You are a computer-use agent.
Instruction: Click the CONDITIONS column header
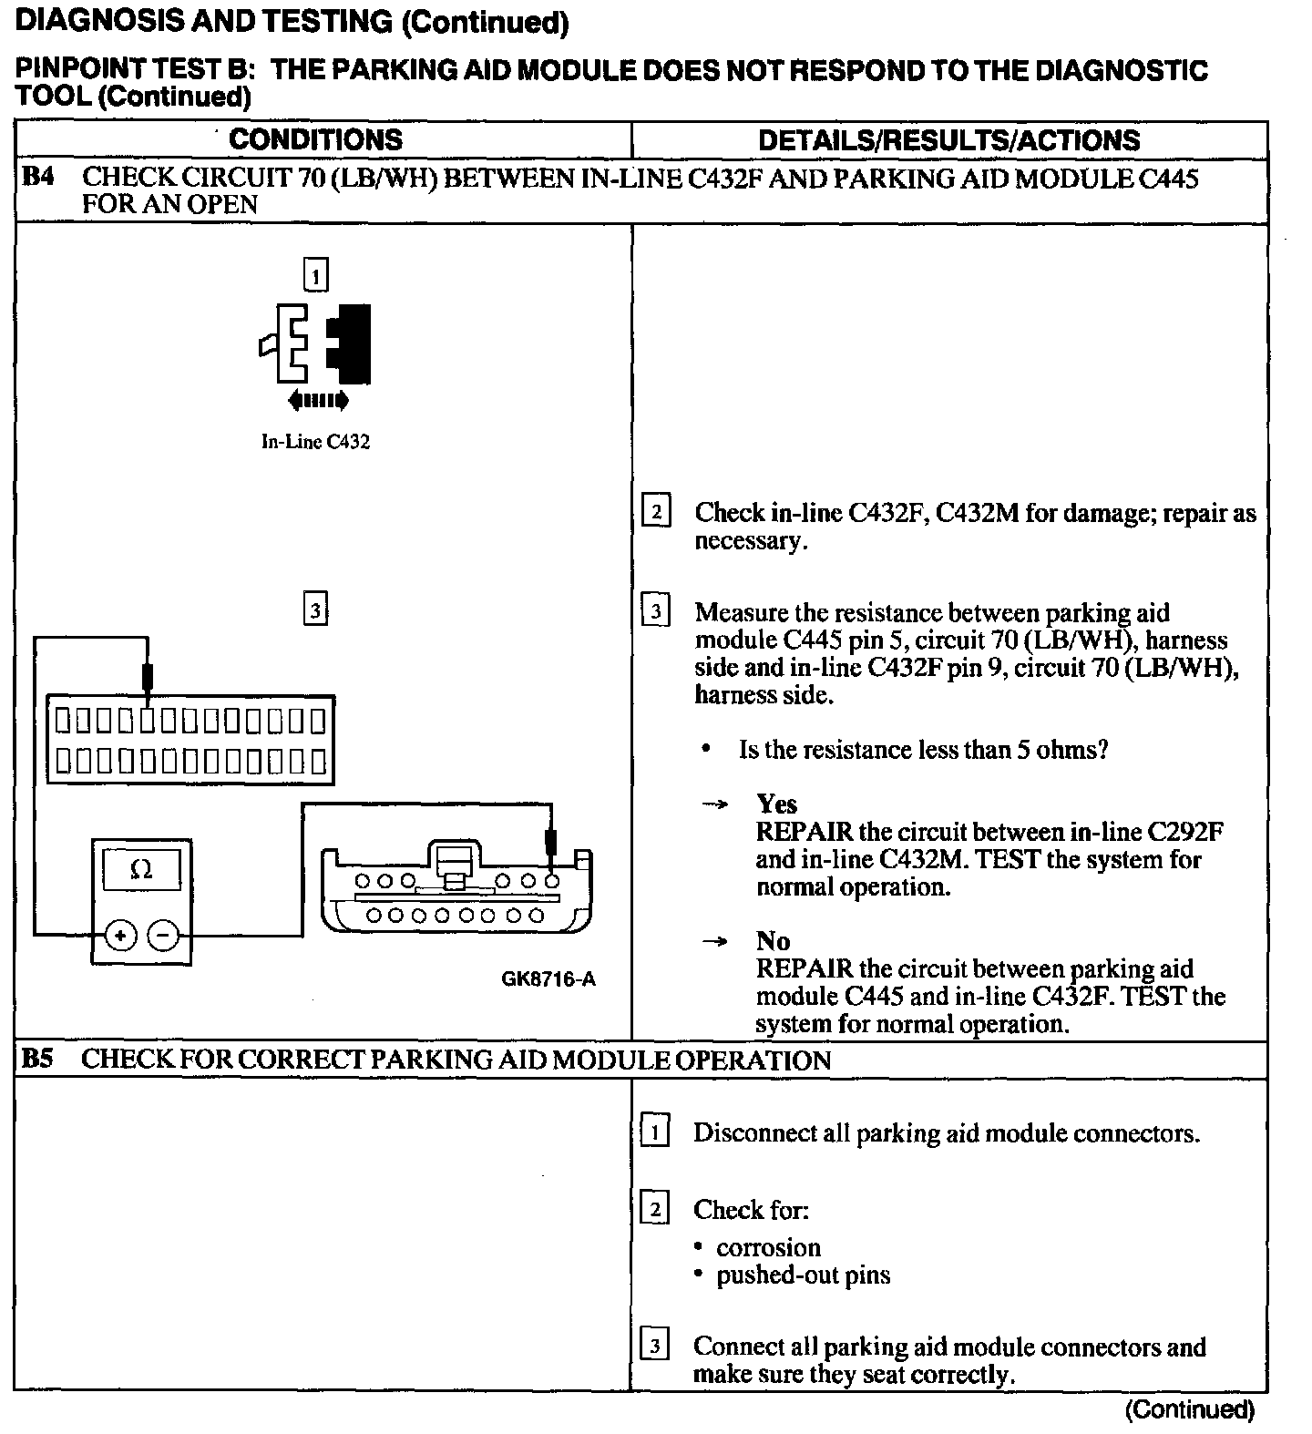tap(315, 139)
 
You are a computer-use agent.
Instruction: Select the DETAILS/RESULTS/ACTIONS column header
tap(948, 140)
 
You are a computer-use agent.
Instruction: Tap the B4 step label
tap(38, 178)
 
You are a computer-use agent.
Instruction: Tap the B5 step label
tap(38, 1059)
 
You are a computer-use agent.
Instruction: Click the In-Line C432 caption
tap(315, 442)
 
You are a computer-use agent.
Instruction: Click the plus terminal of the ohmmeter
tap(120, 935)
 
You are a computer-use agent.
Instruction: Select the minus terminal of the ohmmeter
tap(163, 935)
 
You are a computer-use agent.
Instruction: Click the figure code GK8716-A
tap(548, 979)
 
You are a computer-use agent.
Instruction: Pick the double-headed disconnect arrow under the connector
tap(317, 399)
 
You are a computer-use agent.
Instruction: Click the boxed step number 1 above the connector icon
tap(315, 275)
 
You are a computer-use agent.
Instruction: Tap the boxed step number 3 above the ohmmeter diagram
tap(315, 609)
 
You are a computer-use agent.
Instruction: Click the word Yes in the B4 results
tap(776, 804)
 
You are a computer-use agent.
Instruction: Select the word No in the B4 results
tap(773, 940)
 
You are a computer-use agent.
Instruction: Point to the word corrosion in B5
tap(768, 1247)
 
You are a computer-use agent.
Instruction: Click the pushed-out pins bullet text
tap(803, 1275)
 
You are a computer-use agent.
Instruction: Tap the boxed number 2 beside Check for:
tap(655, 1210)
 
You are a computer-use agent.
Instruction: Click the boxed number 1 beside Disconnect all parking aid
tap(655, 1132)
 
